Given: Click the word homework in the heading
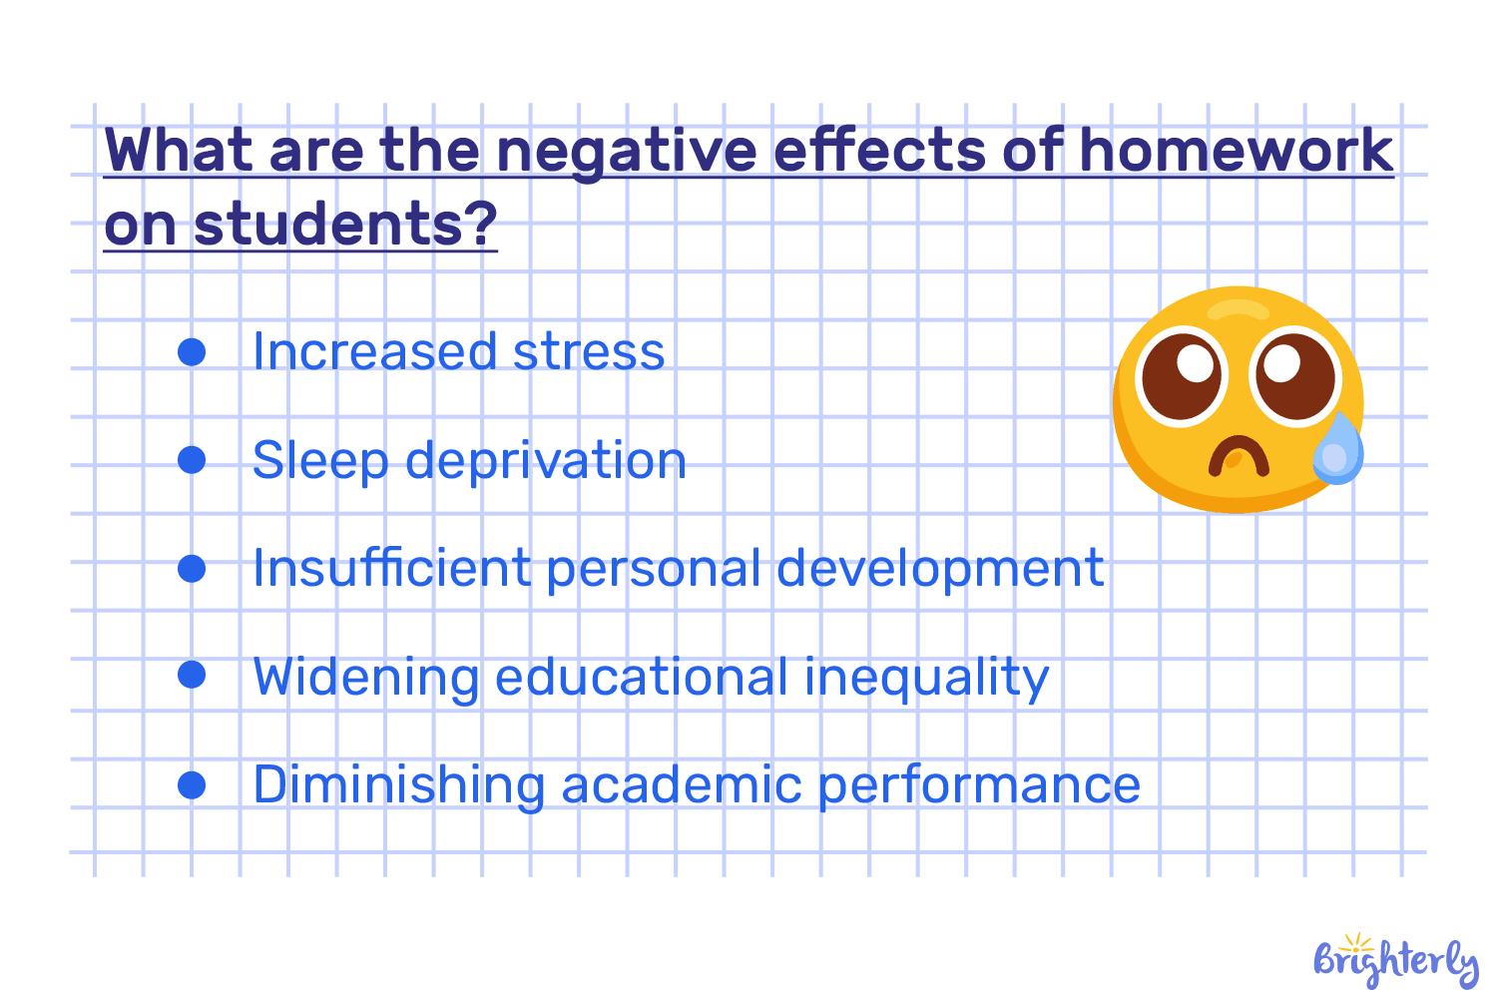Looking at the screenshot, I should tap(1236, 151).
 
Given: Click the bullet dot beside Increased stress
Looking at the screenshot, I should tap(192, 351).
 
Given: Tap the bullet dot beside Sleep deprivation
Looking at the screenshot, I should tap(192, 460).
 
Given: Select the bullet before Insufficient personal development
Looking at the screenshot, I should tap(192, 568).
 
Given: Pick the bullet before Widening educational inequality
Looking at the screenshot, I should tap(192, 676).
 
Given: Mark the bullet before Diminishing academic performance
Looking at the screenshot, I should tap(192, 784).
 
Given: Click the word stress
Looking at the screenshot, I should tap(588, 352).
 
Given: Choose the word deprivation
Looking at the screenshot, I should tap(546, 461).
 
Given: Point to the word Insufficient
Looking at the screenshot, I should tap(391, 568).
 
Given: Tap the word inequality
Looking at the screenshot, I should tap(926, 678).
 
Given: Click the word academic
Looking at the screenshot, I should tap(682, 784).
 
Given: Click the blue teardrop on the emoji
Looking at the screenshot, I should tap(1338, 450).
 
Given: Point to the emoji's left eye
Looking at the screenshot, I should tap(1182, 376).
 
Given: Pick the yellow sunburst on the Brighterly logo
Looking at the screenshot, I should tap(1356, 943).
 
